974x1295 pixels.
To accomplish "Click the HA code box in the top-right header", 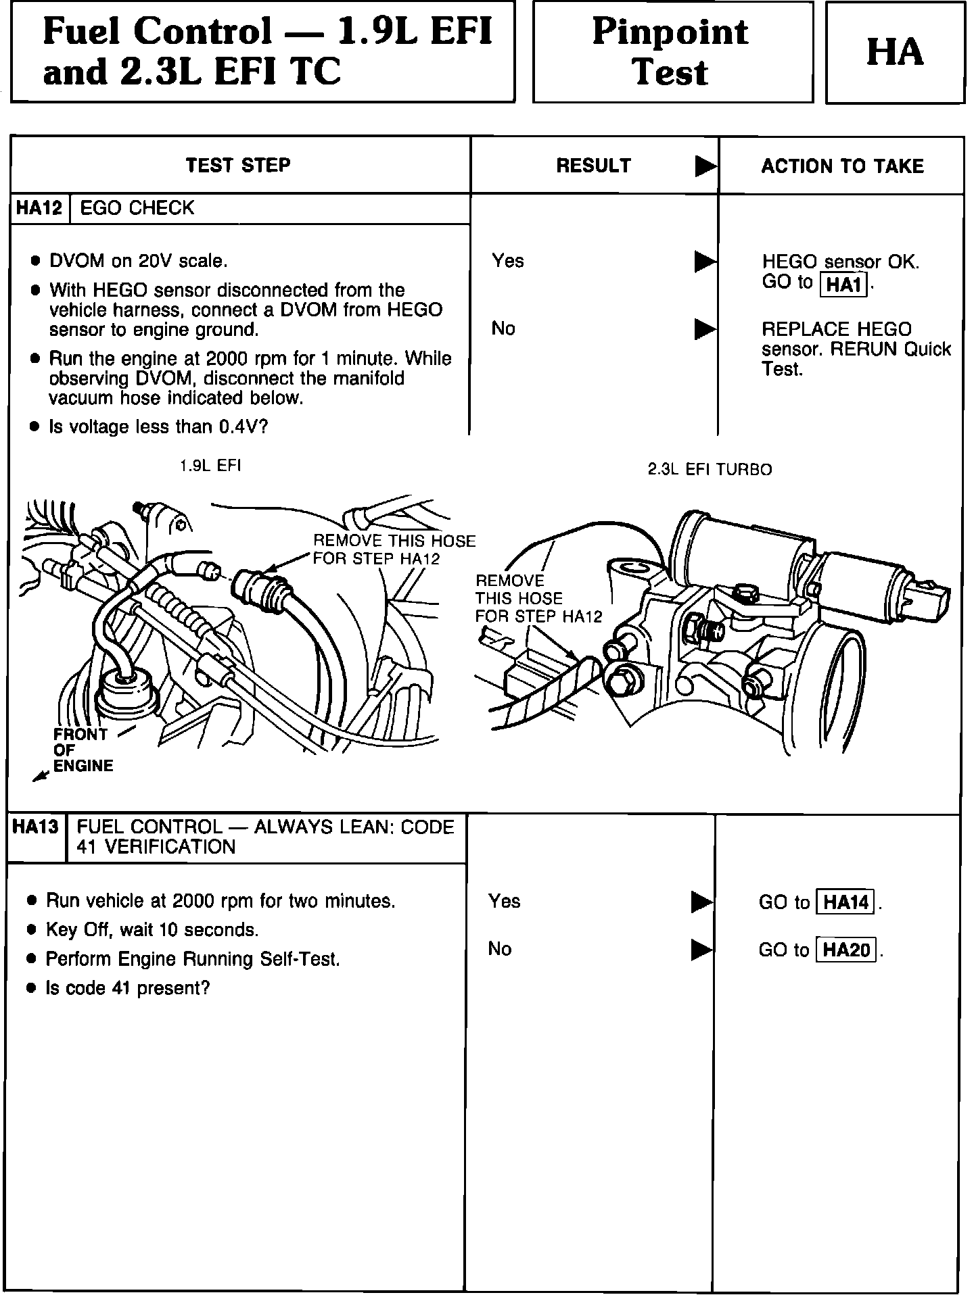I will (x=894, y=53).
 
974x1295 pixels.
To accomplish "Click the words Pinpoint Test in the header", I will (x=671, y=53).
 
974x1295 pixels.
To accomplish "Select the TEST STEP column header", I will (x=238, y=166).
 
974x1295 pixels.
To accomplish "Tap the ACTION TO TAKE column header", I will (x=842, y=166).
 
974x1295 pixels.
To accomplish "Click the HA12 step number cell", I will (x=39, y=208).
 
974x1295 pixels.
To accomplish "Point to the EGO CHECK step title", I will (x=137, y=208).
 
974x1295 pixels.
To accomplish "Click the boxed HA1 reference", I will (x=843, y=285).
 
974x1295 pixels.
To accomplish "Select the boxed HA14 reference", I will (x=845, y=902).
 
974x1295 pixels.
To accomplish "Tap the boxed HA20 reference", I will (x=846, y=950).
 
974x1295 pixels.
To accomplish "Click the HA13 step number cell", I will (x=36, y=827).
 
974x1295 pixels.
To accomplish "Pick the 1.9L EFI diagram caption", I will (x=210, y=466).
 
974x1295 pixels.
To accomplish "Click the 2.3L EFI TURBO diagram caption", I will (x=710, y=470).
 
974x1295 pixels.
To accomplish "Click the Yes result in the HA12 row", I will (x=508, y=261).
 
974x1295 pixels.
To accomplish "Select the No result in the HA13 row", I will (x=500, y=949).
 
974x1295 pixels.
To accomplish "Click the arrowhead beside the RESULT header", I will (x=705, y=166).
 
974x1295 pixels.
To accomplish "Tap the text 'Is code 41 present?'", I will (x=127, y=988).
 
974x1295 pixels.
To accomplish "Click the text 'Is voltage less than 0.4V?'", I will (x=159, y=427).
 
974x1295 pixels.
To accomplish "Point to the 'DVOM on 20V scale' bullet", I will (x=138, y=261).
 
